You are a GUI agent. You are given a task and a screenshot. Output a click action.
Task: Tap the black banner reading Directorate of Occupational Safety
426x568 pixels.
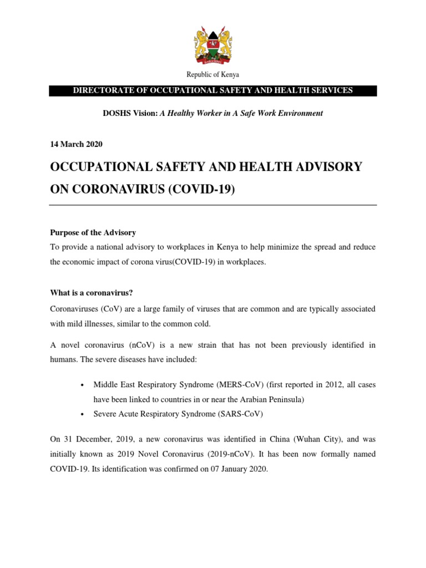pos(213,90)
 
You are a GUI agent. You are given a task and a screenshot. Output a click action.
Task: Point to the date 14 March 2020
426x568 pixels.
pos(76,144)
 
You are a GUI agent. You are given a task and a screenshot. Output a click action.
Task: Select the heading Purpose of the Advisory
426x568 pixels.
pos(93,232)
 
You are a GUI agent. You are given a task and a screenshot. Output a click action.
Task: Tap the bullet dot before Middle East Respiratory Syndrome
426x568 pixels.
pos(82,385)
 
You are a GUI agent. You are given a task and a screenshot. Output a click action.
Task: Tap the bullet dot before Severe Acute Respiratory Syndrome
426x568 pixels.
pos(82,414)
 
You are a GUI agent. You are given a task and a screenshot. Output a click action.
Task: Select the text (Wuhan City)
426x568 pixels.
pos(309,439)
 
